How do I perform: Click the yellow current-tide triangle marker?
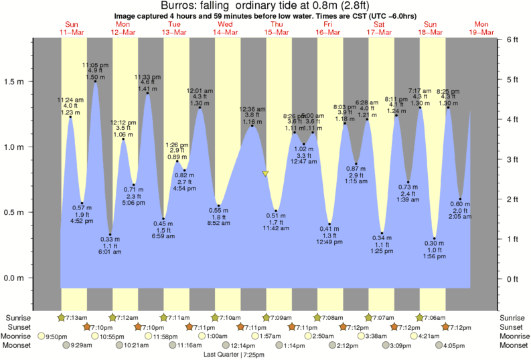click(266, 174)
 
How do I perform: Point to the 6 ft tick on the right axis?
click(513, 39)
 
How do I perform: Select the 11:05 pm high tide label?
click(92, 64)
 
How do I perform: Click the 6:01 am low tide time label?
click(110, 252)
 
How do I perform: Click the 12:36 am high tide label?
click(252, 109)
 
